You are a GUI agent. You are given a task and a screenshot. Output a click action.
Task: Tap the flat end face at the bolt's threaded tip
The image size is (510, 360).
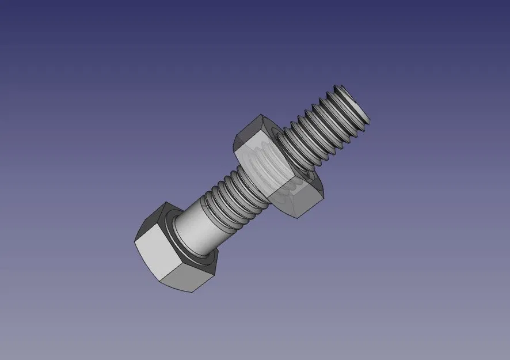[x=356, y=103]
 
